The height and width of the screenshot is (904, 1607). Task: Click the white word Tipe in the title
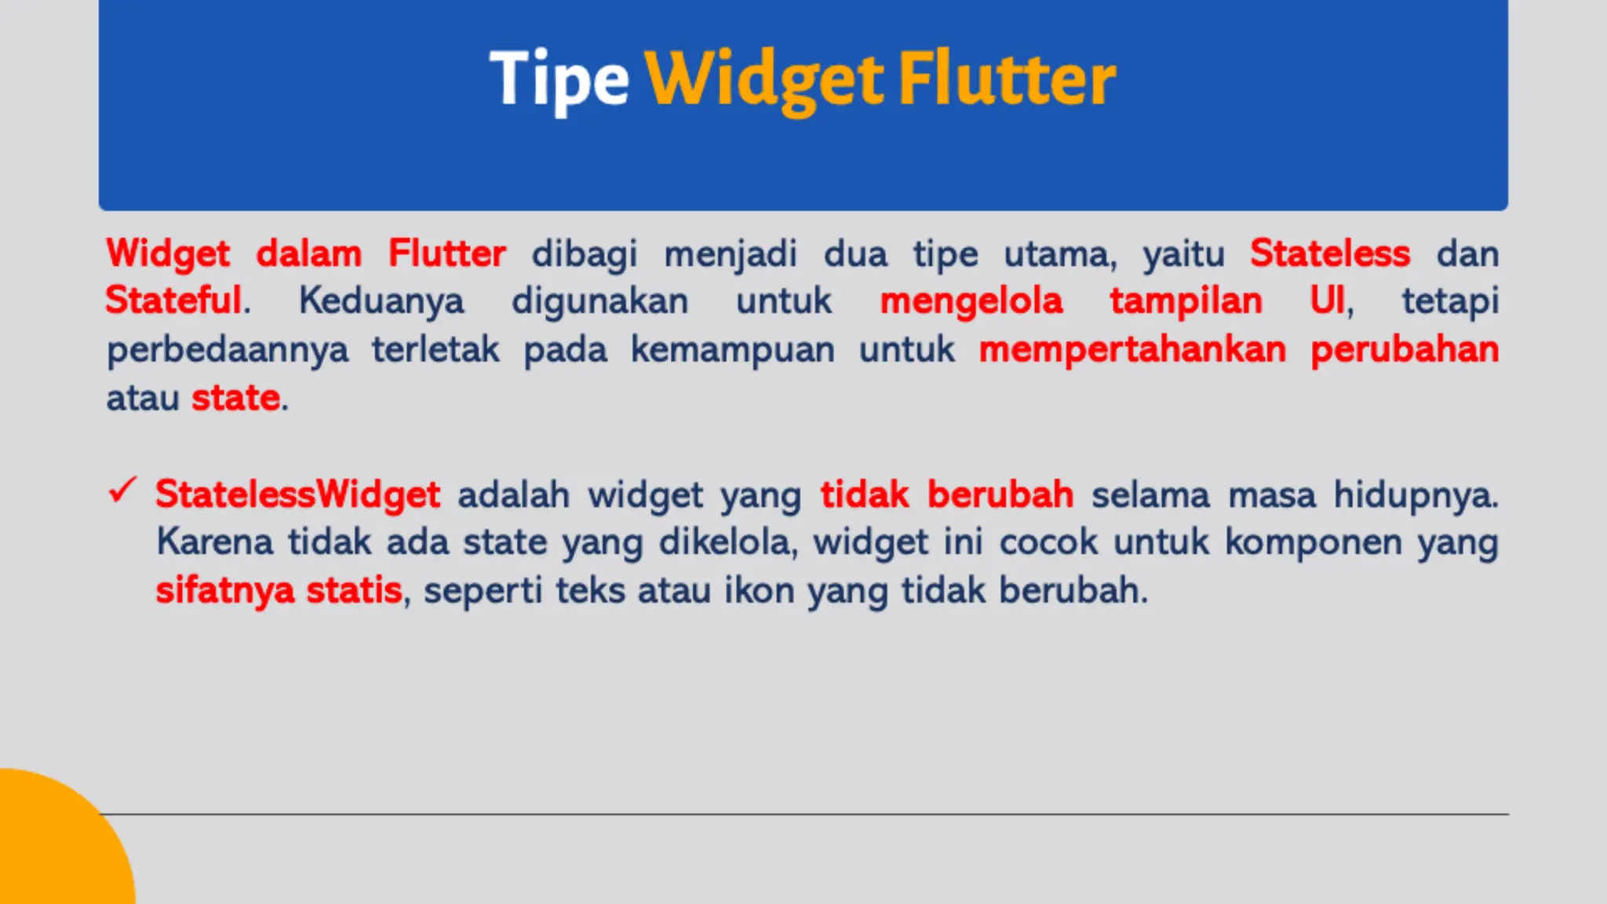(x=559, y=78)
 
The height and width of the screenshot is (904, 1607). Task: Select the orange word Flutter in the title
(x=1007, y=78)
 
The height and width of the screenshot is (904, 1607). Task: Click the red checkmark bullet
(x=122, y=491)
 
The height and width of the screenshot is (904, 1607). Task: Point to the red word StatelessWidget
(x=297, y=494)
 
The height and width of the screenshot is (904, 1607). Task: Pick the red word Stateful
(x=173, y=301)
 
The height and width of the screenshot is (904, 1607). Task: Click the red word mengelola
(x=971, y=301)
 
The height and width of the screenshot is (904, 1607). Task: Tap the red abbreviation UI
(x=1328, y=301)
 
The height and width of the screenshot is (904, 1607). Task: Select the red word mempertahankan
(x=1132, y=349)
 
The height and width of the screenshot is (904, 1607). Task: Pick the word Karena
(x=214, y=542)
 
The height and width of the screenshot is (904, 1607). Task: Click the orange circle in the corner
(x=55, y=847)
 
